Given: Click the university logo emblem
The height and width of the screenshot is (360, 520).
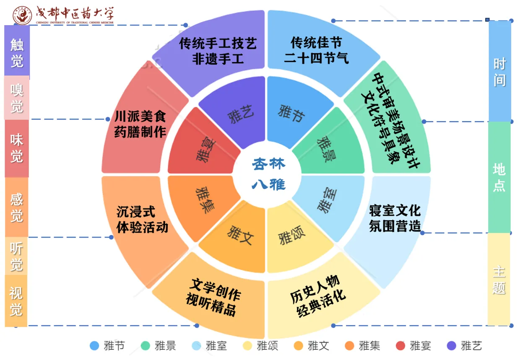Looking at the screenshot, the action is click(22, 16).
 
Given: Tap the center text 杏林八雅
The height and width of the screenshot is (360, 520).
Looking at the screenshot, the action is click(268, 174).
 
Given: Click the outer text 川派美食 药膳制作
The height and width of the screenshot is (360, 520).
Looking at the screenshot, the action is click(140, 124).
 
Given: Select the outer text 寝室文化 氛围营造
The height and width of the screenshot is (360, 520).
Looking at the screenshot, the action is click(395, 218).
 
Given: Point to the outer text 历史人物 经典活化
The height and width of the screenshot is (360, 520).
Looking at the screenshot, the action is click(317, 296).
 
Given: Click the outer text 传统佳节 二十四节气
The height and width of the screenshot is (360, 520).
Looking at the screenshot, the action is click(316, 50).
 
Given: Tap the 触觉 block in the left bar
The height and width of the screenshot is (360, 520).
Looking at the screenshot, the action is click(17, 50).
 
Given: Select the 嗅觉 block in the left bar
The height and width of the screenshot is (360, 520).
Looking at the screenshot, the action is click(17, 98).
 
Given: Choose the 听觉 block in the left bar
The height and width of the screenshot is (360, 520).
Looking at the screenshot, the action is click(16, 256).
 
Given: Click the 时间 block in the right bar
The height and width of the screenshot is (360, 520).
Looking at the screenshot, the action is click(499, 71).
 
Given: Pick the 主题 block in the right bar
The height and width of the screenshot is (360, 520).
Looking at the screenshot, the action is click(499, 279).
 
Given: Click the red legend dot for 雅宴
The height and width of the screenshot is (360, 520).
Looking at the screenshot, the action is click(400, 346).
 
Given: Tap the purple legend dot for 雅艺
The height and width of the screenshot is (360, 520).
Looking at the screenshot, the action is click(452, 346).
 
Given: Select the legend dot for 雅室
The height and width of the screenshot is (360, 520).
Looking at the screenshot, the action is click(196, 346).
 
